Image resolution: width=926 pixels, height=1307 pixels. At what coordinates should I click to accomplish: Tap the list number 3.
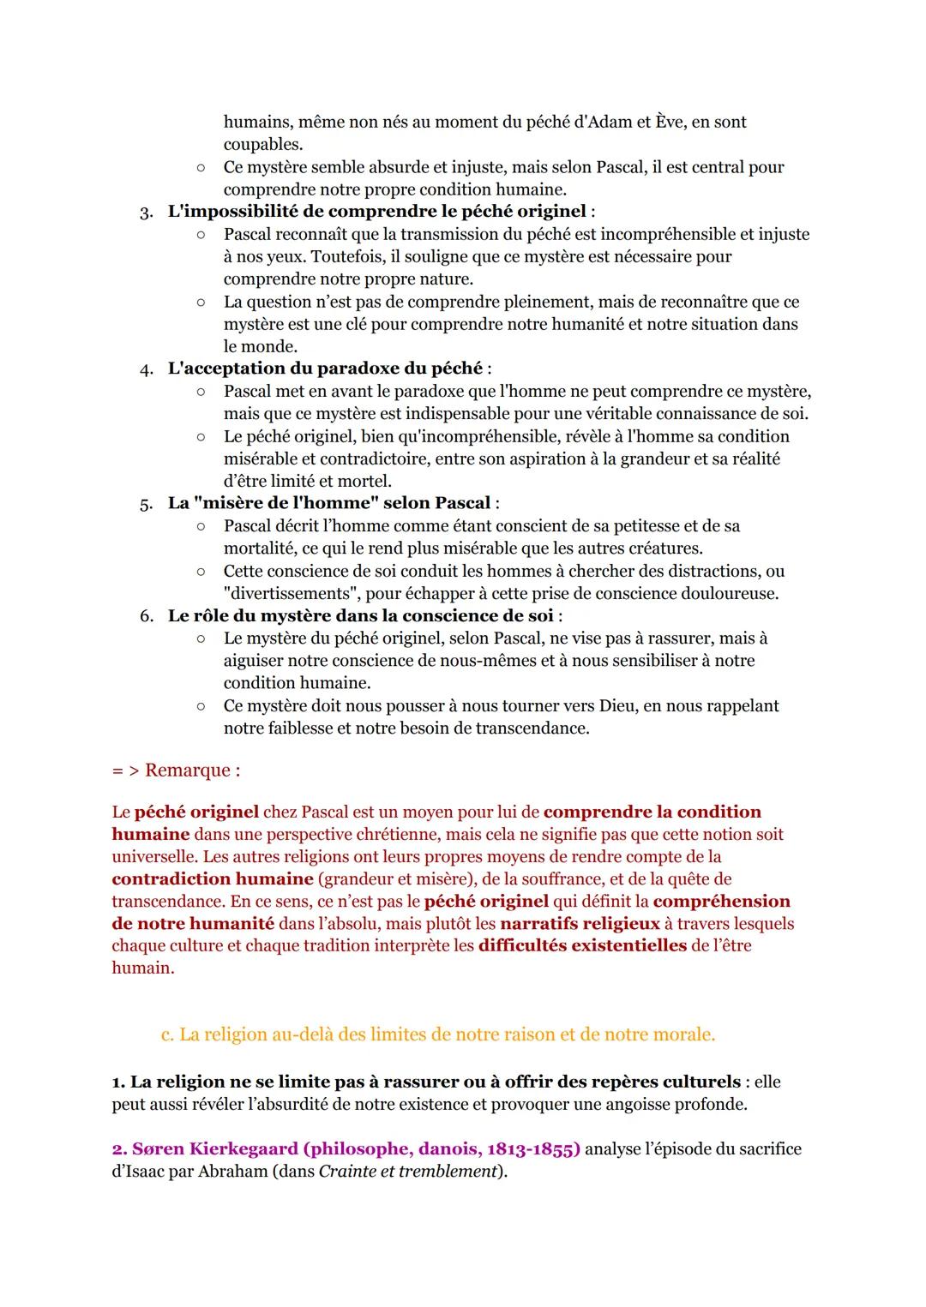(146, 212)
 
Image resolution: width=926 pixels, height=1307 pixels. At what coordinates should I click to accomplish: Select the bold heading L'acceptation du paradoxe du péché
(325, 369)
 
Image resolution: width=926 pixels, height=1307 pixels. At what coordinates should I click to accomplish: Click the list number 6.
(146, 616)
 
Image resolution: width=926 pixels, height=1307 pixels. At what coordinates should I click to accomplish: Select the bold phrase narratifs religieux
(580, 923)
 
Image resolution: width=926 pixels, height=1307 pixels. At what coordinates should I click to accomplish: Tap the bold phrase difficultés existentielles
(582, 945)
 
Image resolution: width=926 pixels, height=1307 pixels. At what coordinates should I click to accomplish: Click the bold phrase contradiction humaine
(212, 878)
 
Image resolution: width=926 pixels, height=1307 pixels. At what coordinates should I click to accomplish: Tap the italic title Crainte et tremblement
(407, 1171)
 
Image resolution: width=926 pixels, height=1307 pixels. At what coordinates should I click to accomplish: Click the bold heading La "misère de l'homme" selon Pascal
(329, 503)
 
